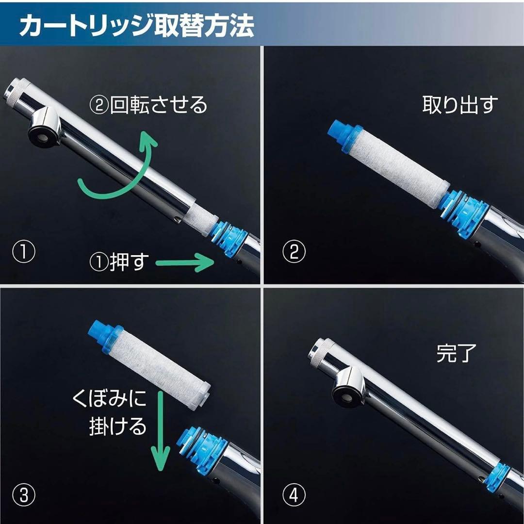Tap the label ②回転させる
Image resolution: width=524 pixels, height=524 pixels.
(x=150, y=105)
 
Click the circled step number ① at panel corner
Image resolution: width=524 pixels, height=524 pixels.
(x=24, y=252)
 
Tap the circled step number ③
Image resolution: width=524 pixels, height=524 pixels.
(x=24, y=495)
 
